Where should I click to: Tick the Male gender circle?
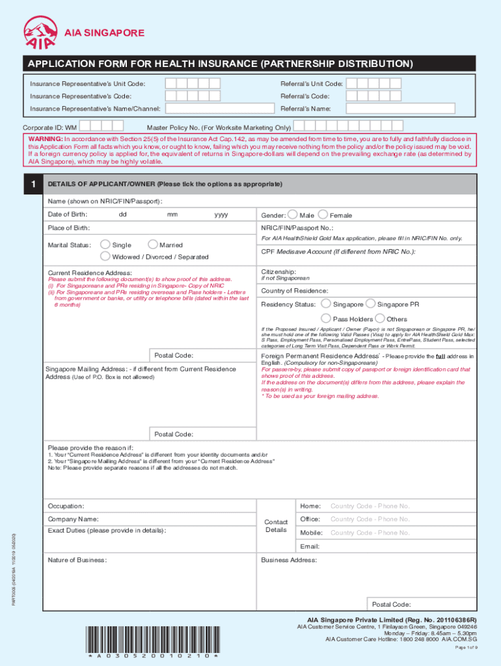[292, 215]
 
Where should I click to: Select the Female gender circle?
[323, 215]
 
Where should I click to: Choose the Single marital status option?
[105, 245]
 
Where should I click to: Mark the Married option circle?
[153, 245]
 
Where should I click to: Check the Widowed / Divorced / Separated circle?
[105, 256]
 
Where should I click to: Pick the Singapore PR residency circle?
[370, 304]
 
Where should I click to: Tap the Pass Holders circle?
[327, 319]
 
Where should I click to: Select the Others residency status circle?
[380, 319]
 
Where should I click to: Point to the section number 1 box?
[33, 185]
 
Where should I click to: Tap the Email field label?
[309, 546]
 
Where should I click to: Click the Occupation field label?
[66, 506]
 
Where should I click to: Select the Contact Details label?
[276, 526]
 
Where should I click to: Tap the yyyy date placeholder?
[221, 215]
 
